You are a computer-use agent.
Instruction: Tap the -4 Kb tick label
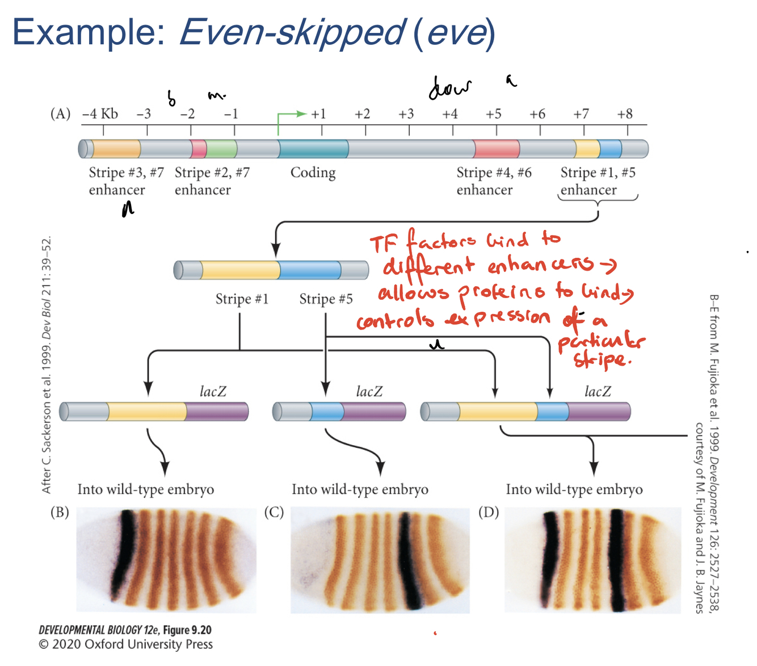[100, 114]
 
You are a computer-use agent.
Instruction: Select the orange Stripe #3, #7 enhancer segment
[116, 149]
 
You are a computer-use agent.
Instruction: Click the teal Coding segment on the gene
[313, 149]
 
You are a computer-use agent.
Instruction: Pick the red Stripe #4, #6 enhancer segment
[497, 149]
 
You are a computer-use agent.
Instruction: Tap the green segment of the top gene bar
[221, 149]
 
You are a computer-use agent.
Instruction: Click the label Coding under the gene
[313, 173]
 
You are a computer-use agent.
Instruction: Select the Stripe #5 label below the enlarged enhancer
[326, 299]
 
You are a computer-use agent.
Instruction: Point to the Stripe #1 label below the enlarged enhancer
[242, 299]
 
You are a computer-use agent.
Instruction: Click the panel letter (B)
[60, 512]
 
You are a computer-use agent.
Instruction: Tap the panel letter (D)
[489, 512]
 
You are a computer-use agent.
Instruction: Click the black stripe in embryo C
[410, 559]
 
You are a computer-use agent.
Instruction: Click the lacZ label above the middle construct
[369, 391]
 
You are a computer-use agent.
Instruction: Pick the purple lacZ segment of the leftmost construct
[217, 412]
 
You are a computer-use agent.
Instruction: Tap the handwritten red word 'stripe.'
[600, 360]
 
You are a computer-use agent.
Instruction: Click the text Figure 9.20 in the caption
[187, 630]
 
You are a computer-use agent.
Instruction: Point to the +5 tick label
[493, 114]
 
